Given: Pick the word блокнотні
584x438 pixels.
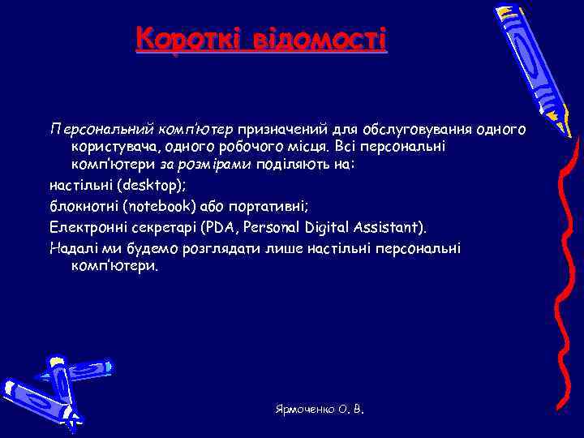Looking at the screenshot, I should (x=85, y=205).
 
